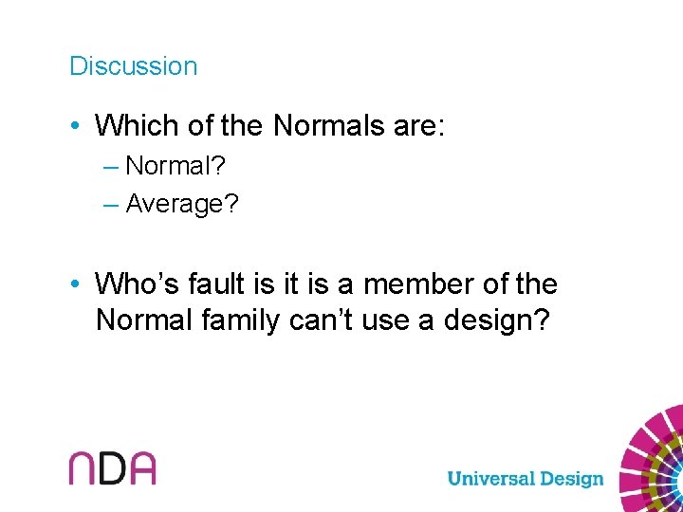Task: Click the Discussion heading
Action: (133, 66)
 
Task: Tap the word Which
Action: (133, 125)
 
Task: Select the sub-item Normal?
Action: (175, 166)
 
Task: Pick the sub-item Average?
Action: (182, 203)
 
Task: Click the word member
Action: (423, 283)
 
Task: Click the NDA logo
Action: (112, 467)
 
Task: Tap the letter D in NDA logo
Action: (112, 467)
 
